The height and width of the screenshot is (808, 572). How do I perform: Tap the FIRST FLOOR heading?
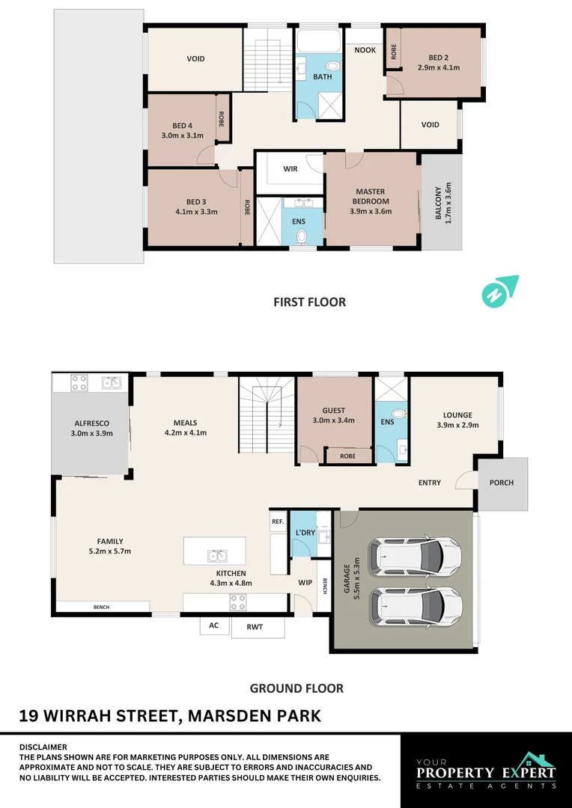click(308, 302)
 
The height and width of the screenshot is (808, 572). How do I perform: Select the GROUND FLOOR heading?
click(296, 688)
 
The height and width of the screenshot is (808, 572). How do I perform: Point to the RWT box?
click(258, 628)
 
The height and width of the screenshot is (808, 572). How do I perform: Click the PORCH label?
click(502, 483)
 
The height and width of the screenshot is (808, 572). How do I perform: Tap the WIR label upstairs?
click(290, 169)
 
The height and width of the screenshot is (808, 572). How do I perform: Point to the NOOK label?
click(365, 50)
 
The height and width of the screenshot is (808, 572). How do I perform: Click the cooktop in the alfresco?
click(80, 384)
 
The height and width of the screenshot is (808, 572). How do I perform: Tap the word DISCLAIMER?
click(43, 747)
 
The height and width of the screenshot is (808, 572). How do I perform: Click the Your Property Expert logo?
click(486, 771)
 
